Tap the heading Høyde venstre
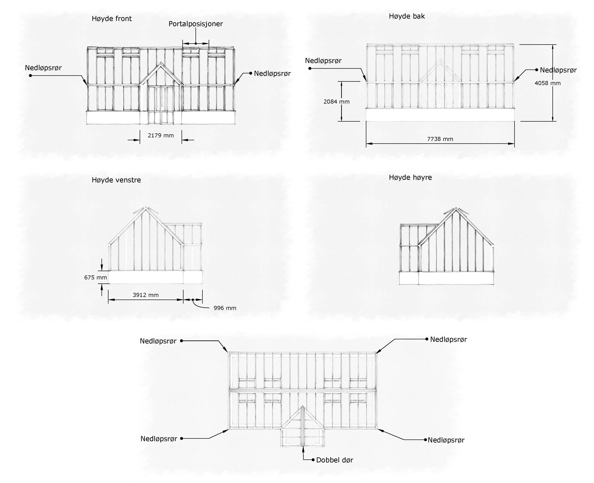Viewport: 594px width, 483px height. tap(116, 180)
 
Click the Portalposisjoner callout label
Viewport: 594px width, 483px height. tap(196, 24)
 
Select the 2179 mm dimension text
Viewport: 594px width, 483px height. tap(161, 136)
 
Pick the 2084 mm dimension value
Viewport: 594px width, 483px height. tap(336, 102)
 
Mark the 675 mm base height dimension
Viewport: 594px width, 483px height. tap(95, 277)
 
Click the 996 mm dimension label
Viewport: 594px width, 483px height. tap(225, 308)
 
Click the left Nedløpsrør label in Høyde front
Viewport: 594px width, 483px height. tap(43, 68)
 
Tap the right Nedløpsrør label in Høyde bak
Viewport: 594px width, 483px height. tap(558, 70)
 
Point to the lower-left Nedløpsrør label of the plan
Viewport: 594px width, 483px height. tap(159, 439)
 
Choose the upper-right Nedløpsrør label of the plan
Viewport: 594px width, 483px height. tap(448, 339)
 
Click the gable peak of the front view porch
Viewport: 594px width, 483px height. tap(161, 63)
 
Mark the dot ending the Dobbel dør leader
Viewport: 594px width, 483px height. tap(313, 460)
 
